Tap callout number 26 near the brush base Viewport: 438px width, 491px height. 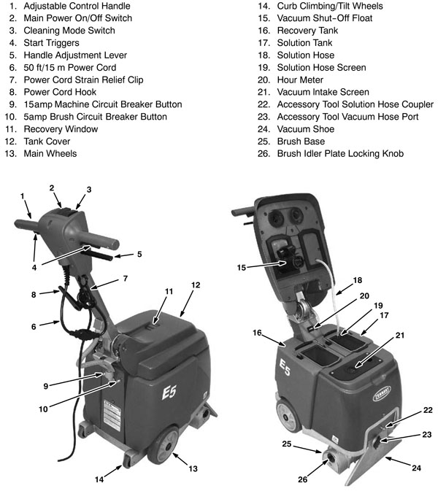coord(302,479)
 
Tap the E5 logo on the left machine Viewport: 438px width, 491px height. coord(171,395)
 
